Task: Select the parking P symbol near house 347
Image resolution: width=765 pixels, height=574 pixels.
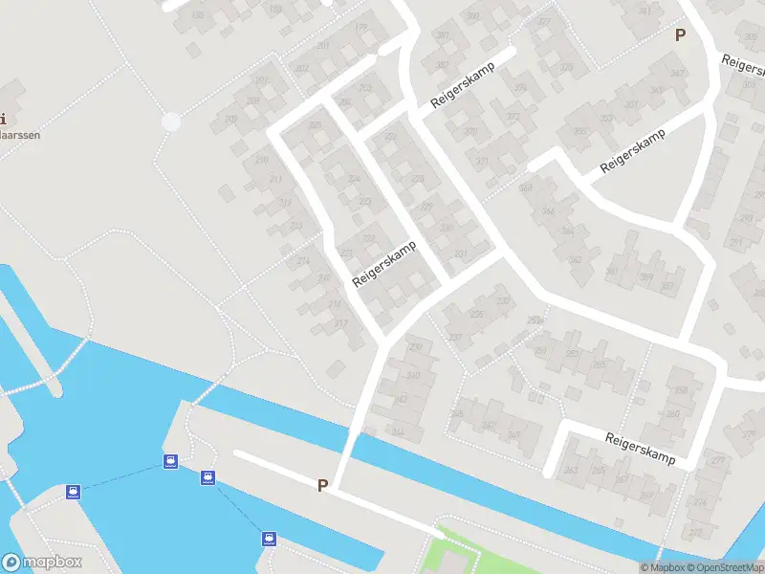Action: [680, 35]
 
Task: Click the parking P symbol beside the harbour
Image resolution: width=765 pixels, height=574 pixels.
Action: [323, 485]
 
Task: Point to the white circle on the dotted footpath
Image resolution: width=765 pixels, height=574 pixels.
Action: [171, 121]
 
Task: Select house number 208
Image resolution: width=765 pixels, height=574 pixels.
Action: [253, 100]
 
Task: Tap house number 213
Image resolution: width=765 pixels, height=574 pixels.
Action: [296, 226]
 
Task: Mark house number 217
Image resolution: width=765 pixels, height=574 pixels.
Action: [341, 323]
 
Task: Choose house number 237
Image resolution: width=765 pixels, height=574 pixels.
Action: [454, 337]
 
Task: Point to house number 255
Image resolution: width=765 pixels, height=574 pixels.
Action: [599, 470]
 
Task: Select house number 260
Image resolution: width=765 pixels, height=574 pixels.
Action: [673, 414]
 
